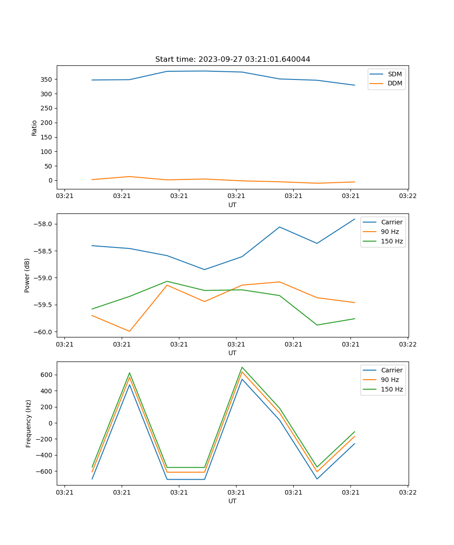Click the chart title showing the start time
point(232,59)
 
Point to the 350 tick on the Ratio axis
point(47,79)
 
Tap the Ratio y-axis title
point(35,128)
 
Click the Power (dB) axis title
point(27,275)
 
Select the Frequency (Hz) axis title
point(29,423)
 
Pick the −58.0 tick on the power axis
point(44,224)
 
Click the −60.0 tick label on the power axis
point(44,332)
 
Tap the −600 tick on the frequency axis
point(44,471)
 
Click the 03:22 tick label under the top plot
point(408,196)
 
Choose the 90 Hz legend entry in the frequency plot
point(390,380)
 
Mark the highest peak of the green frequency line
point(242,367)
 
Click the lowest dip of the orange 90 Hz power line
point(129,331)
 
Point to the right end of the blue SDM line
point(355,85)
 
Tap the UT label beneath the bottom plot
point(232,501)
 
